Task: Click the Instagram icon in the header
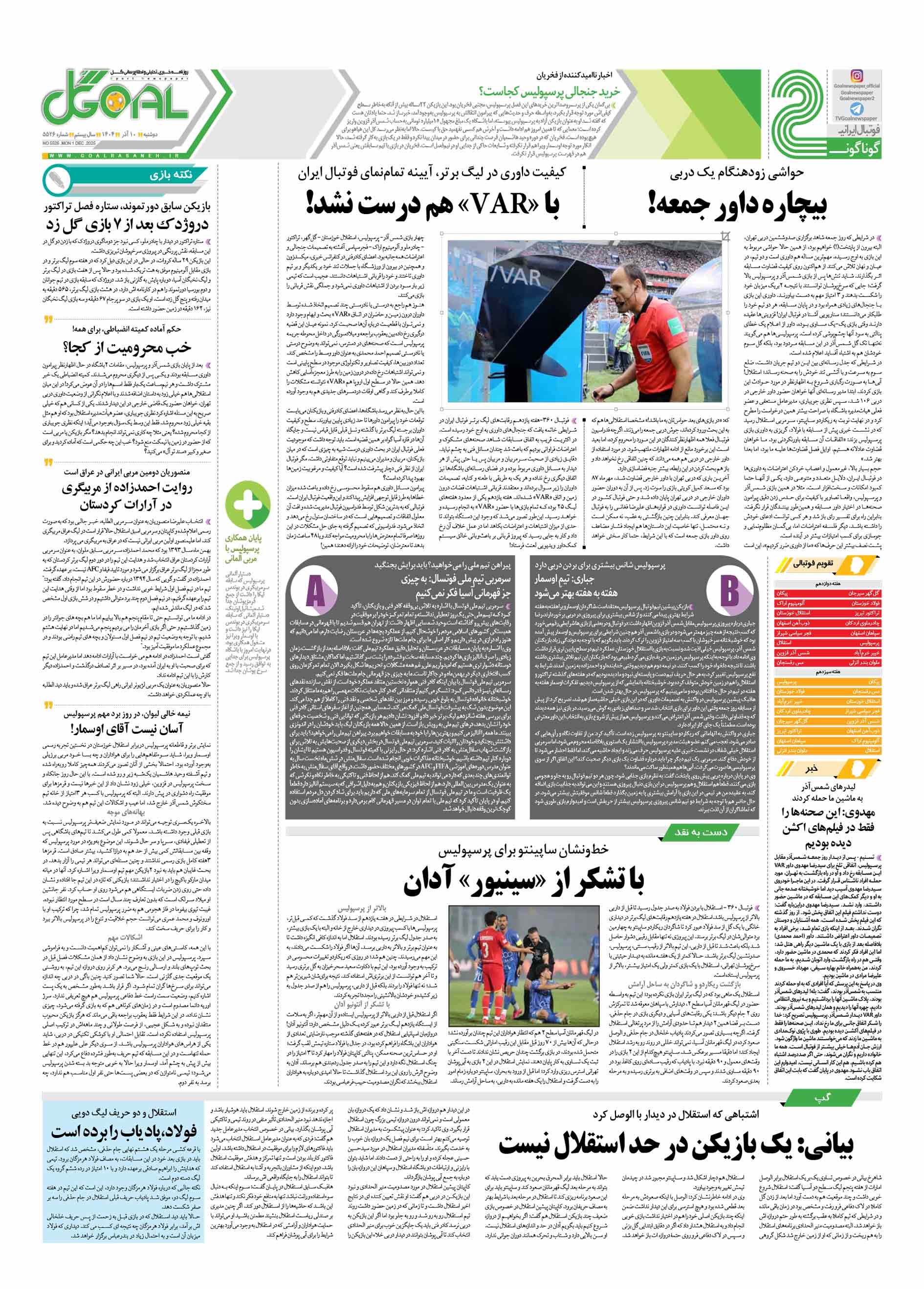coord(857,76)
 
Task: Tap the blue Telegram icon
coord(857,109)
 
